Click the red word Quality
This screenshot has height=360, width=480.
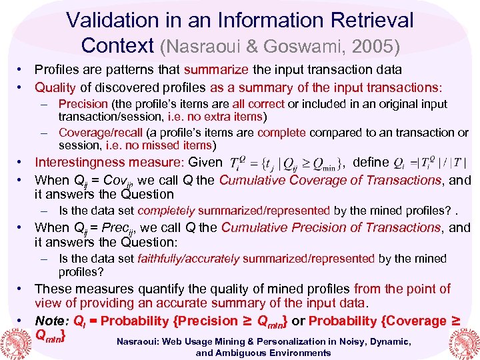point(55,87)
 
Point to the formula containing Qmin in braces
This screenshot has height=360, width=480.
point(286,163)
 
